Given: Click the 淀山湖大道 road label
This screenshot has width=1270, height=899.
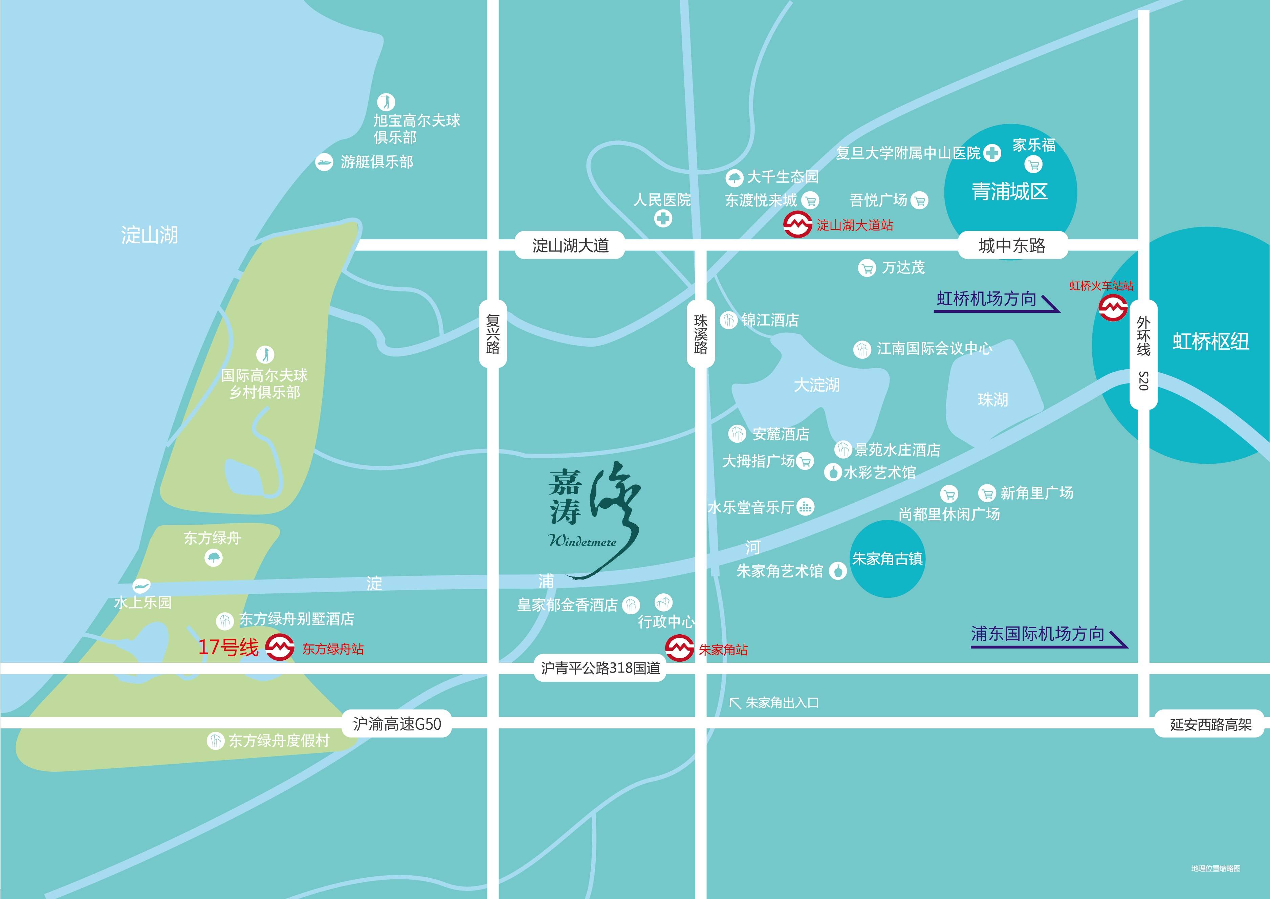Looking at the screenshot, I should [x=570, y=245].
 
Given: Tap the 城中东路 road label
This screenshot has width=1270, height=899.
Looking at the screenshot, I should [x=1011, y=245].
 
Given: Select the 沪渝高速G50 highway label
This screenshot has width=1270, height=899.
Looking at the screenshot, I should [x=397, y=724].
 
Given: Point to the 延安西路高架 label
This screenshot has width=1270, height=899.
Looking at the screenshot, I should [x=1210, y=725].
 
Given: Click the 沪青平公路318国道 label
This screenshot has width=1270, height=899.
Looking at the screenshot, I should [x=601, y=668].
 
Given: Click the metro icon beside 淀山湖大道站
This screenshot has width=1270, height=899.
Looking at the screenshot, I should [x=797, y=225].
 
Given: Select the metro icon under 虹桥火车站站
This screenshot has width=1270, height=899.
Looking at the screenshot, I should [x=1113, y=307].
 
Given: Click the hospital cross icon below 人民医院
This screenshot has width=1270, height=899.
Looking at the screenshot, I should [x=663, y=219].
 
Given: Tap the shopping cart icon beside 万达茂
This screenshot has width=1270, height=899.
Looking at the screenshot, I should [x=867, y=268].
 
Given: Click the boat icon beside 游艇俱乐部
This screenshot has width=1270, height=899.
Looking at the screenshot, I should [x=324, y=162].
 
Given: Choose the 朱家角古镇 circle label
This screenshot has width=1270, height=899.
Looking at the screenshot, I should [x=887, y=558].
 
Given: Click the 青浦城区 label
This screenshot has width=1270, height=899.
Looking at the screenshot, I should [x=1010, y=192].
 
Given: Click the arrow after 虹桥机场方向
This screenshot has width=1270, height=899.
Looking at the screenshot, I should [x=1050, y=303].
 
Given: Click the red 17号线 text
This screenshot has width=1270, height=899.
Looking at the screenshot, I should [x=228, y=647].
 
